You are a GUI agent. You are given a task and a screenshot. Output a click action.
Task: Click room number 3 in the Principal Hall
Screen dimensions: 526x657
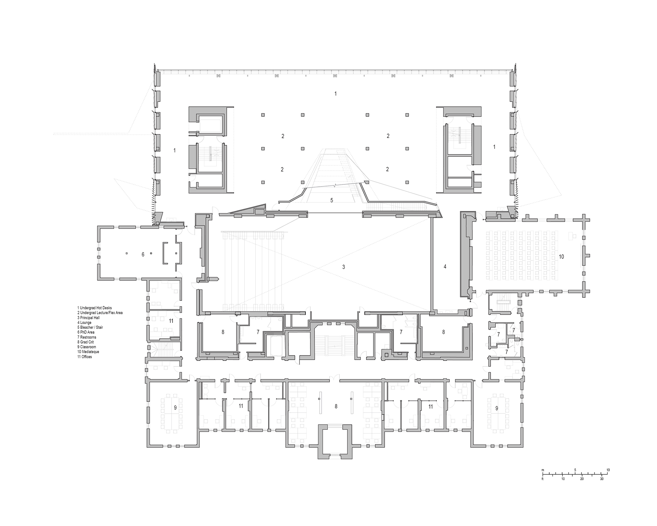pyautogui.click(x=344, y=267)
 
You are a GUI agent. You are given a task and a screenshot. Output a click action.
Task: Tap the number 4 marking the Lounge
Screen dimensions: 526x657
pyautogui.click(x=445, y=267)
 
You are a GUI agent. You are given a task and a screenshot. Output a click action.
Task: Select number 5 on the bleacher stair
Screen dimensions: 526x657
pyautogui.click(x=332, y=200)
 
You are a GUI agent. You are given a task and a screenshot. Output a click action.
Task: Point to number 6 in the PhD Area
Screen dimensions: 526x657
pyautogui.click(x=143, y=254)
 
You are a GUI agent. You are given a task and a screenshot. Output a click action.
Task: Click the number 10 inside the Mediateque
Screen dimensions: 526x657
pyautogui.click(x=561, y=256)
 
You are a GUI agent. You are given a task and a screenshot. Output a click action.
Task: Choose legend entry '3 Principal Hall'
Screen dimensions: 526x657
pyautogui.click(x=88, y=318)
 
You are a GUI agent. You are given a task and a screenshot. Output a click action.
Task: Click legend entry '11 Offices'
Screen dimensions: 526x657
pyautogui.click(x=84, y=357)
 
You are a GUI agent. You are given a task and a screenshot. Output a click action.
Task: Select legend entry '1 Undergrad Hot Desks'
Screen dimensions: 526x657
pyautogui.click(x=94, y=308)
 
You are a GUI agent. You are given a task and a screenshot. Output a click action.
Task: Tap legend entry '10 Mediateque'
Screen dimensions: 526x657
pyautogui.click(x=88, y=352)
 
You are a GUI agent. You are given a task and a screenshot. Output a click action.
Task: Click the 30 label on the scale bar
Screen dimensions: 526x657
pyautogui.click(x=601, y=479)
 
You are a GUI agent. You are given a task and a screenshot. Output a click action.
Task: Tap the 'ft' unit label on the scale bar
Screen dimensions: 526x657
pyautogui.click(x=543, y=479)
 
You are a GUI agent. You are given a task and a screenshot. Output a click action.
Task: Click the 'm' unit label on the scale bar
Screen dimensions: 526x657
pyautogui.click(x=543, y=470)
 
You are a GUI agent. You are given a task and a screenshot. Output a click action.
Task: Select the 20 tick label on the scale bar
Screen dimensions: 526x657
pyautogui.click(x=582, y=479)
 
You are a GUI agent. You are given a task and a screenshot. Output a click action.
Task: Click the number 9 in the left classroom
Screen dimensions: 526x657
pyautogui.click(x=175, y=408)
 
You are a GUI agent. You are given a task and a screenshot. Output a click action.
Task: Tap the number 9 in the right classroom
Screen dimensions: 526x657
pyautogui.click(x=497, y=408)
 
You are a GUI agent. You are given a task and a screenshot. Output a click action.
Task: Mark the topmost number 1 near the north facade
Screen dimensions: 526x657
pyautogui.click(x=335, y=94)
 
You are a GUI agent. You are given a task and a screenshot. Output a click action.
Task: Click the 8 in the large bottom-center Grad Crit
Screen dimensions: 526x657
pyautogui.click(x=336, y=406)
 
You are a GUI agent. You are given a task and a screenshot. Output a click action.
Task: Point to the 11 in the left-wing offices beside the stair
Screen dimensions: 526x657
pyautogui.click(x=171, y=321)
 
